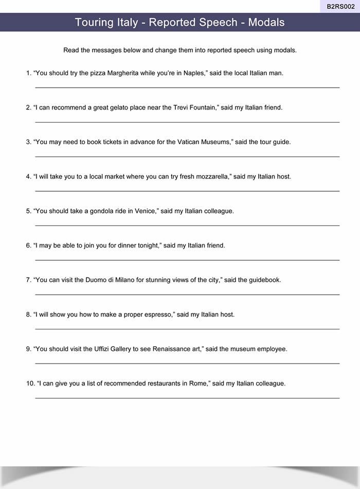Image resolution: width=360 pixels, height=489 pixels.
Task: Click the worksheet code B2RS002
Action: pos(340,6)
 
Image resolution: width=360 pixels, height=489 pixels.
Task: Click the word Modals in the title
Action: pos(266,22)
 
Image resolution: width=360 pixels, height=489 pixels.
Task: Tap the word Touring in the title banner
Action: pos(94,22)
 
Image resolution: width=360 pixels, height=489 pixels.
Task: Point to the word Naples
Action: pos(194,73)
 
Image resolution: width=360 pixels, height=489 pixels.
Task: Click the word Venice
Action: pos(146,211)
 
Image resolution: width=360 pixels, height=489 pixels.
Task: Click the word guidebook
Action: pos(265,280)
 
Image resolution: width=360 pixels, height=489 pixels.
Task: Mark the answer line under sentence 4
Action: pos(187,191)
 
